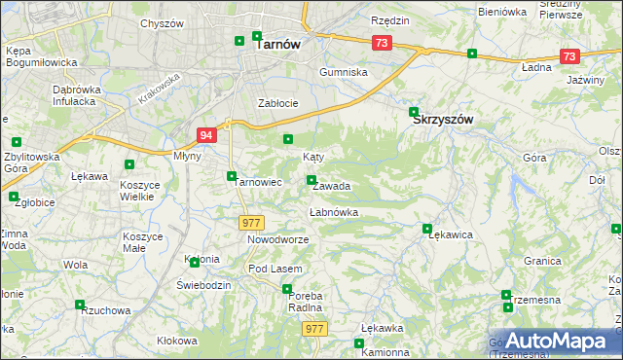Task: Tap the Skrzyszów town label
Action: click(443, 119)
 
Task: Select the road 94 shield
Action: click(205, 135)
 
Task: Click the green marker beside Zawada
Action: click(311, 180)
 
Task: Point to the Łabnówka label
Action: click(334, 211)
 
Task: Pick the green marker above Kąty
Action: click(288, 140)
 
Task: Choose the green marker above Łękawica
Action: click(427, 230)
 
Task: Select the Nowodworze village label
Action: click(277, 239)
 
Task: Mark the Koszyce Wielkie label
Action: click(138, 190)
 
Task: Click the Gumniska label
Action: click(345, 73)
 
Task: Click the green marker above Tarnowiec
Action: click(232, 176)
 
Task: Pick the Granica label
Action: click(542, 261)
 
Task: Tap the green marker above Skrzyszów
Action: click(414, 111)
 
